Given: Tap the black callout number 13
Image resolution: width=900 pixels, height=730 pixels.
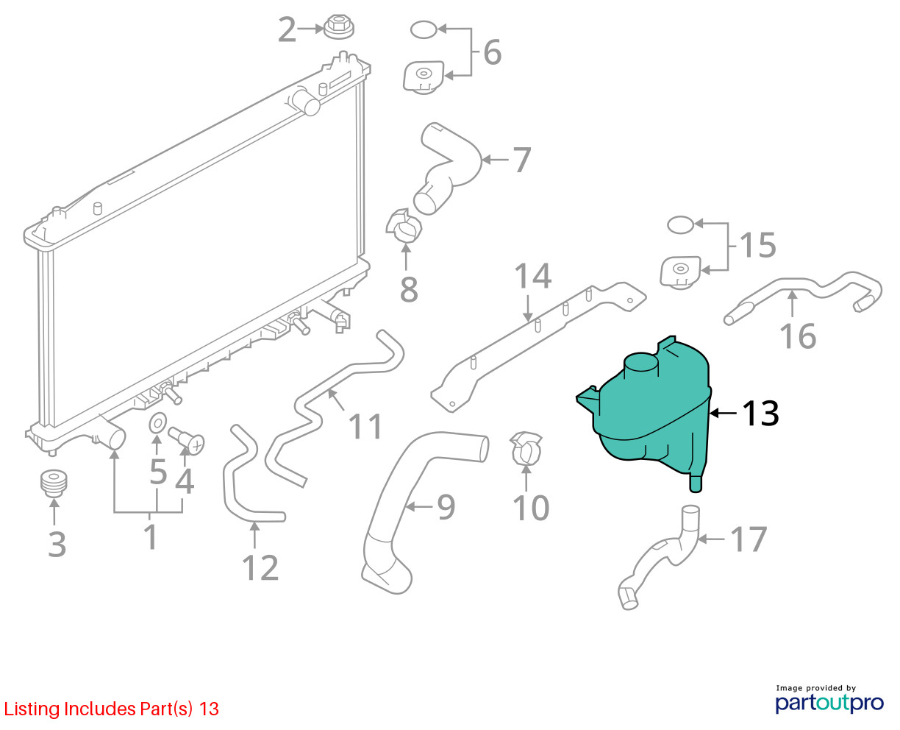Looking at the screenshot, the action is point(760,414).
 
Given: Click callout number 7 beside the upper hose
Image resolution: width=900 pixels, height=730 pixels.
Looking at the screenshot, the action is point(522,160).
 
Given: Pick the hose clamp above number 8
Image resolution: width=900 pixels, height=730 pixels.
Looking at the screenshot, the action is point(404,226).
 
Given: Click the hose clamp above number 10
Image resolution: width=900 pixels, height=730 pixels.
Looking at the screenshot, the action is point(526,449).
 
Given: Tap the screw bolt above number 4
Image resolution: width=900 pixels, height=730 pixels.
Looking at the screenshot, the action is point(186,441).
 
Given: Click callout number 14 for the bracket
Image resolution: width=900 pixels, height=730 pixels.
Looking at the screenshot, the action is point(533,276).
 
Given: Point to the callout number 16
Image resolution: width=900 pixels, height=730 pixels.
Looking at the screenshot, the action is point(797,336).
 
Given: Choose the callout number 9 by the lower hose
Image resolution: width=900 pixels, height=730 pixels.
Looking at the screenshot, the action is point(446,507).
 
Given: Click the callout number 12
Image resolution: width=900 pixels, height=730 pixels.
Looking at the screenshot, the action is point(260,567).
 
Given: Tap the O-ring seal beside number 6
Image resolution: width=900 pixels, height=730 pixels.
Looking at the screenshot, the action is point(424,29).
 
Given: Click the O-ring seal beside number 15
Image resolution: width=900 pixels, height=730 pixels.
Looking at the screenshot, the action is point(681,224).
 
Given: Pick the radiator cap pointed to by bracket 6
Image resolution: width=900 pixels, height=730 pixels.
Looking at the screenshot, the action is point(424,78).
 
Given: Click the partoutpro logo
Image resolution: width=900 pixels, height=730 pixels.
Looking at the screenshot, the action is point(829,703).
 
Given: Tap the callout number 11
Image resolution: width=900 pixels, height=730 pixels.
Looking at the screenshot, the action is point(365,426).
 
